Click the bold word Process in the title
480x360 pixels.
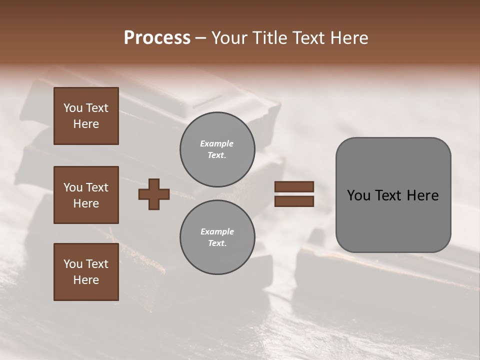click(157, 38)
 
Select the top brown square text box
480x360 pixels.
click(86, 116)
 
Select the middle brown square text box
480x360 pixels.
click(86, 195)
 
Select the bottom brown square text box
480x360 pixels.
click(86, 272)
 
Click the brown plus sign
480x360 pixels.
click(154, 194)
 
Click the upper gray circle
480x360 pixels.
click(217, 149)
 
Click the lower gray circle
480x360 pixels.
click(217, 237)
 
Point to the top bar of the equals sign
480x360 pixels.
click(294, 187)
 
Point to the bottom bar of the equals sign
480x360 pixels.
click(294, 201)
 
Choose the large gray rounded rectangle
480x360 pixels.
click(393, 195)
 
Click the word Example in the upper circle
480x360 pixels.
click(217, 143)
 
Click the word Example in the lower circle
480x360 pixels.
click(217, 231)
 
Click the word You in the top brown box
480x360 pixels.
click(73, 108)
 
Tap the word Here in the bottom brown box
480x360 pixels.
click(86, 280)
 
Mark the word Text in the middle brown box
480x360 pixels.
click(97, 187)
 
